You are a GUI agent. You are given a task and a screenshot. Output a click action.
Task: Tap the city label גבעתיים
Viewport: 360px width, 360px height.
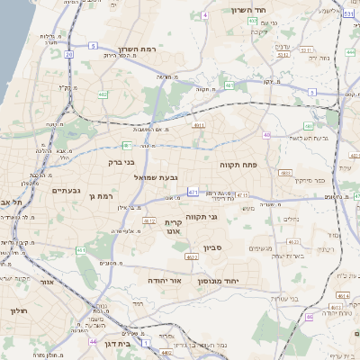coord(66,190)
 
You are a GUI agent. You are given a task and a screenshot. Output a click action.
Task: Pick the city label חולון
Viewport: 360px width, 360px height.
coord(17,310)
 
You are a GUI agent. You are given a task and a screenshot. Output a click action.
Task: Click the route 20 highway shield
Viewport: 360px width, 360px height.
coord(68,54)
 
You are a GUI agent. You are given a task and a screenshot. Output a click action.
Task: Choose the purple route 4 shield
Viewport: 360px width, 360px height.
coord(205,15)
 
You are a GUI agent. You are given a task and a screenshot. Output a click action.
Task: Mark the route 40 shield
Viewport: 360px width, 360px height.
coord(266,135)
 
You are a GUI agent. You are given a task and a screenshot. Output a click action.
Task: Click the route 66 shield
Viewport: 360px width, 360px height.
coord(309,317)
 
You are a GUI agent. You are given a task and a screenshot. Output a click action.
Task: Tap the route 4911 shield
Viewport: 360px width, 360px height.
coord(198,126)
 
